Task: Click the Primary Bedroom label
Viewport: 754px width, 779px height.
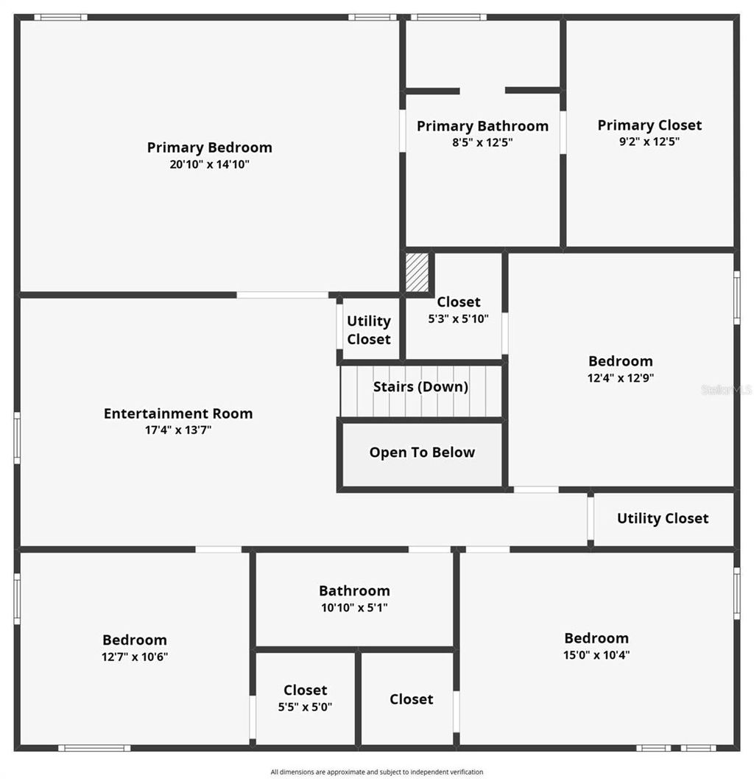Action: coord(209,147)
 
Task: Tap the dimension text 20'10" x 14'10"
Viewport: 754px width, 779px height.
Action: coord(209,164)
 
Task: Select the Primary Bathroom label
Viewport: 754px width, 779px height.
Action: coord(482,126)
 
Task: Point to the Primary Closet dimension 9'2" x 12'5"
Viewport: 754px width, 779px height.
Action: coord(649,142)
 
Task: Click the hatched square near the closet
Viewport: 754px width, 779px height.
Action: coord(417,272)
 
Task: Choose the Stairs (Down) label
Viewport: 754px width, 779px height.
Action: coord(420,387)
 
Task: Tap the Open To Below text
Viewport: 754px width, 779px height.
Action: coord(422,453)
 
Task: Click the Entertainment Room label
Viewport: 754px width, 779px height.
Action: coord(178,413)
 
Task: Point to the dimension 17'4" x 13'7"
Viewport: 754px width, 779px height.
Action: coord(178,430)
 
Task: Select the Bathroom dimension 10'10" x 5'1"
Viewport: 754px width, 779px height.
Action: coord(354,607)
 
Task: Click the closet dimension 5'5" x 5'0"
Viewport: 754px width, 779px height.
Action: coord(305,707)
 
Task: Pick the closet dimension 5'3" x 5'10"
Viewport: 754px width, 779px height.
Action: coord(458,318)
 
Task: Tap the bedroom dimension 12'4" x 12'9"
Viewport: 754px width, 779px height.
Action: coord(621,377)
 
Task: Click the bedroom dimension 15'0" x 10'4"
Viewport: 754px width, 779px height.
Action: coord(596,654)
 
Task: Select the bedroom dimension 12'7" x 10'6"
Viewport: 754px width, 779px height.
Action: coord(135,657)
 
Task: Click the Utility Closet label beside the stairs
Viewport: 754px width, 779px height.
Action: coord(369,330)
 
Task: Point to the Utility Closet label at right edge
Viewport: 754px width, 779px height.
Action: coord(663,518)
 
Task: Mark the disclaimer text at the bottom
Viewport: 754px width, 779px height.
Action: coord(377,772)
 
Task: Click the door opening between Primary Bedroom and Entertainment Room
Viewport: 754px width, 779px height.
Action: coord(282,295)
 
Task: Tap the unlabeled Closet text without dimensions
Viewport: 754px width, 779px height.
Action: coord(412,699)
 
